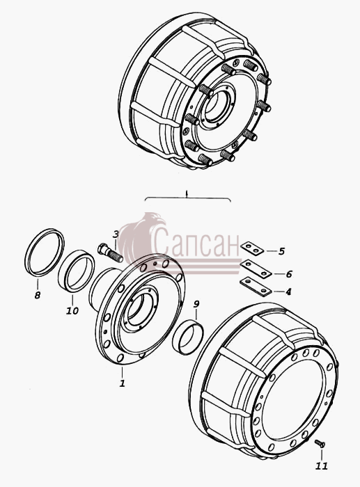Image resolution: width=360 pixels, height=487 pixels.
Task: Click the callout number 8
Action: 38,295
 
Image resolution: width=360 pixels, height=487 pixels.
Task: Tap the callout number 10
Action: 72,310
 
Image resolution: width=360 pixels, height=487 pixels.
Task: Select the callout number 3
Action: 116,234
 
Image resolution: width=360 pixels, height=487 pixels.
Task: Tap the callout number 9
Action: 196,304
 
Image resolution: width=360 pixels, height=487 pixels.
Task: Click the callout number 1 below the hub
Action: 122,383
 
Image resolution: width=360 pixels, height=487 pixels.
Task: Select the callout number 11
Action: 322,466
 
